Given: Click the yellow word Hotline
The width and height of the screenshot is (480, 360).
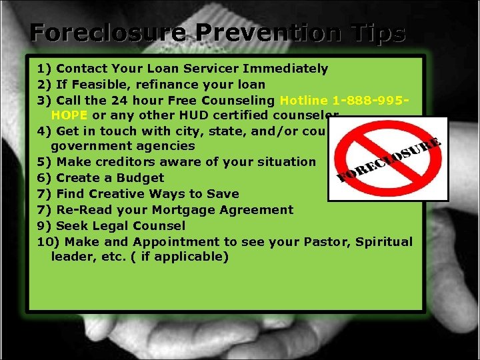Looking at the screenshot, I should [304, 101].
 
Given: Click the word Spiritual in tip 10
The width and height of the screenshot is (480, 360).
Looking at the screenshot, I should [383, 242].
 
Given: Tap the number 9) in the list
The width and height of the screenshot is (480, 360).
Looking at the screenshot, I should [45, 226].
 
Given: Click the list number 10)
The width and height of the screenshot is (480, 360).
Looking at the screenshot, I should [49, 242].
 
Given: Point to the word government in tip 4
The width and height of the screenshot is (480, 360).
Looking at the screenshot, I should [89, 146].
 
